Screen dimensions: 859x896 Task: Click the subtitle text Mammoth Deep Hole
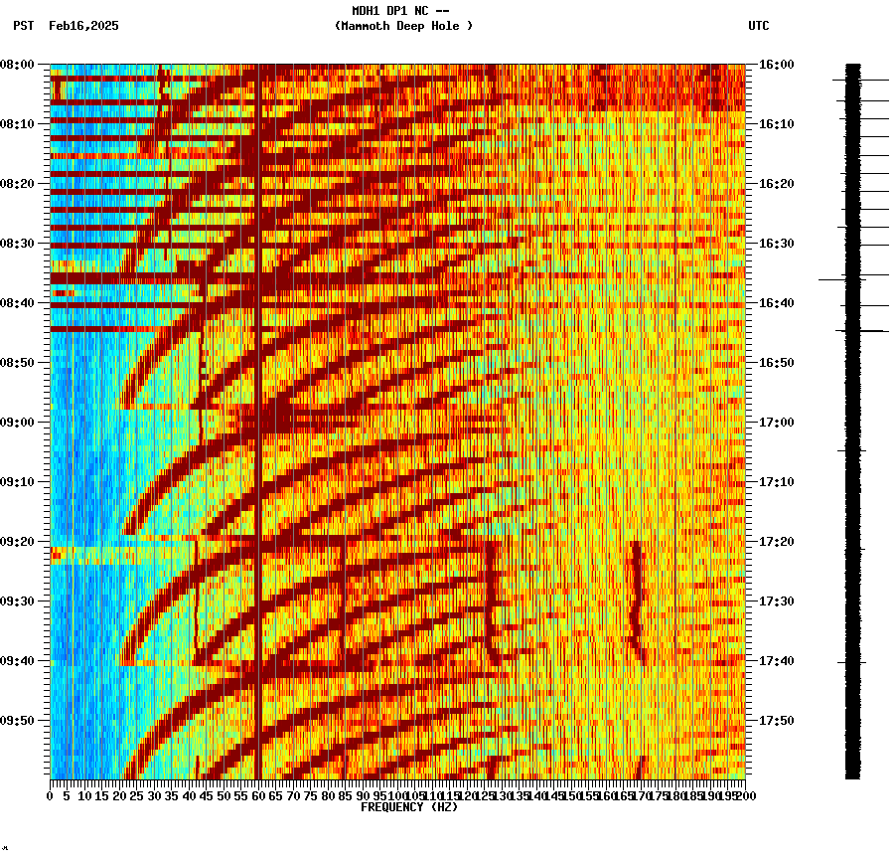point(403,26)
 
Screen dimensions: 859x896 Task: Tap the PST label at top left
point(23,26)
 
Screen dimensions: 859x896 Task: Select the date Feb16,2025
point(83,26)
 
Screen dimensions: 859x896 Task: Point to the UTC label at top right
point(759,26)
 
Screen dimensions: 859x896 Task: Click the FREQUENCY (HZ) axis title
point(408,807)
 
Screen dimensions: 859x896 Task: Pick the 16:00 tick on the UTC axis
point(776,65)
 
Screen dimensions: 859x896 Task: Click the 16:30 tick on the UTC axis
point(776,244)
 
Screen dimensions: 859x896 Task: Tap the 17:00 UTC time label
point(776,423)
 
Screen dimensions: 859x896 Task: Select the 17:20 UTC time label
point(776,542)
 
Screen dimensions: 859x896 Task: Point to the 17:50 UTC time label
point(776,721)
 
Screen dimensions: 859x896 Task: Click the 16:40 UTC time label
point(776,303)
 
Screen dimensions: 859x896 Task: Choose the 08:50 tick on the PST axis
point(18,363)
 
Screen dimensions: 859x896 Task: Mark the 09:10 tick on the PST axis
point(18,482)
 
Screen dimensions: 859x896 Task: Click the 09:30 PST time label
point(18,601)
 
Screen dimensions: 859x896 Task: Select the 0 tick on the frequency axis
point(51,796)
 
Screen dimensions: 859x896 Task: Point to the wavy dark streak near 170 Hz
point(637,601)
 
